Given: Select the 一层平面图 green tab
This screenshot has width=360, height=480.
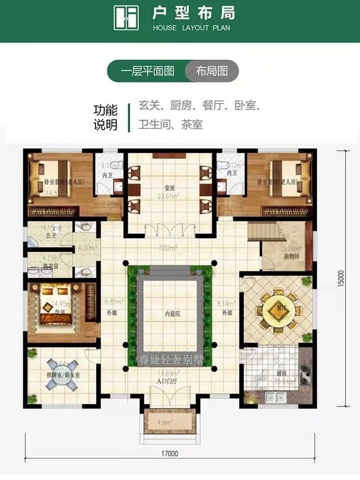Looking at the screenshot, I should click(x=147, y=71).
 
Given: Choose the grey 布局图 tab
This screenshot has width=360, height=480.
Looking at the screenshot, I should click(x=211, y=71).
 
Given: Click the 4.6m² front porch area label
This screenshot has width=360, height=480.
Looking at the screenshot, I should click(x=168, y=422).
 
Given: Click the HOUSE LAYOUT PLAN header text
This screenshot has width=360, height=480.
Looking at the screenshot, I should click(x=191, y=28).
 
